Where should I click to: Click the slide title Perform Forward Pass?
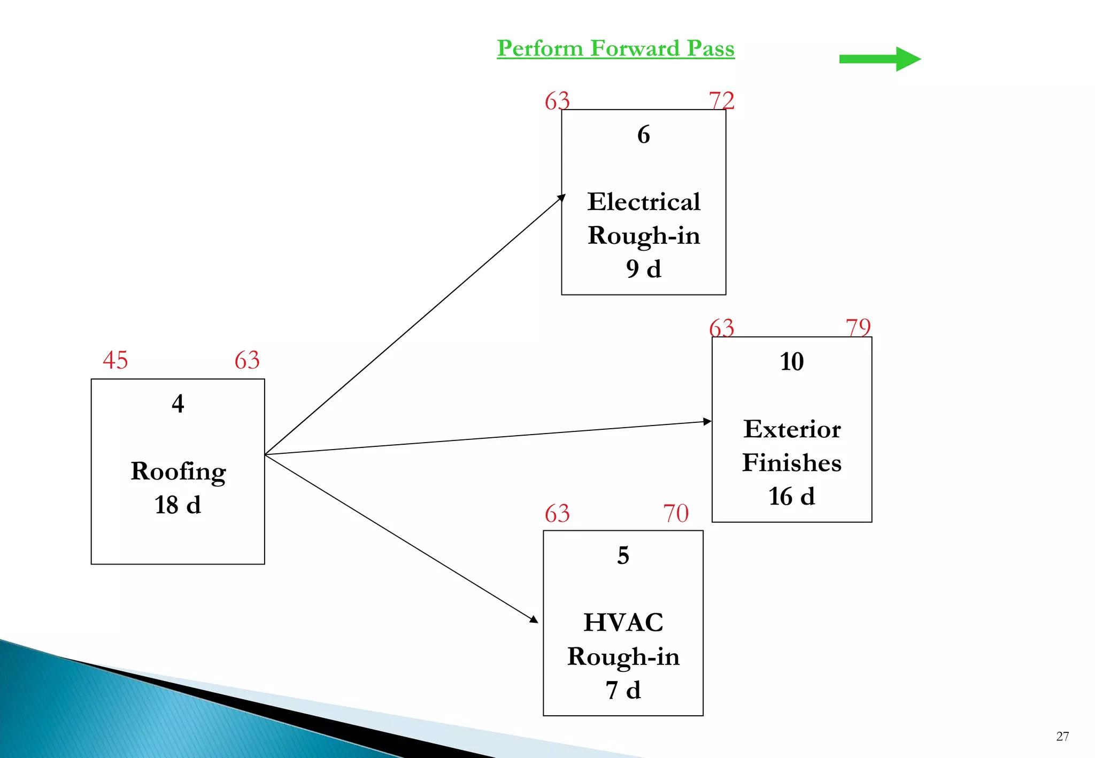[615, 49]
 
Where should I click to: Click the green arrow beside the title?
[880, 59]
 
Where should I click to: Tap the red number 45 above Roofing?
[115, 360]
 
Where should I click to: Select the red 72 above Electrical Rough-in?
[721, 100]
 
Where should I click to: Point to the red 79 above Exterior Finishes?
[858, 327]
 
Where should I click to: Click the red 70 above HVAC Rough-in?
[676, 514]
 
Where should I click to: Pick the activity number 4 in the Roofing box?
[178, 404]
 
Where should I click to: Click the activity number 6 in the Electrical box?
[643, 135]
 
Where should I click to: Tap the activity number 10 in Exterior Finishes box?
[791, 362]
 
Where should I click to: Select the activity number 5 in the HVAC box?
[623, 556]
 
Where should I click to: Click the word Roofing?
[178, 472]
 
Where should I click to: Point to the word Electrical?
[644, 202]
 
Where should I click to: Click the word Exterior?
[792, 429]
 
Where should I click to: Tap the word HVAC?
[623, 623]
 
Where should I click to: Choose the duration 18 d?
[178, 505]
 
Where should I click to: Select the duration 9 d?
[643, 269]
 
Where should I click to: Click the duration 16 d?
[791, 497]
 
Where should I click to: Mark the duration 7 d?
[623, 691]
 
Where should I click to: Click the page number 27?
[1062, 737]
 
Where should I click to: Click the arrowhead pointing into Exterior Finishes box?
[707, 422]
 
